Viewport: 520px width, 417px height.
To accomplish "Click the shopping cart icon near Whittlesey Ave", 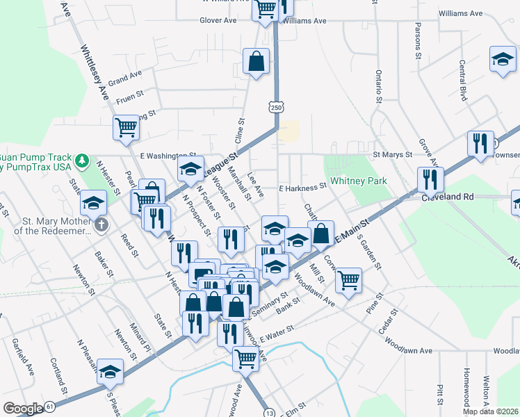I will coord(127,127).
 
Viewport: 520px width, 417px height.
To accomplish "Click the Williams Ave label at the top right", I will coord(461,13).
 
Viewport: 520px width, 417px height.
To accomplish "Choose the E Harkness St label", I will coord(302,187).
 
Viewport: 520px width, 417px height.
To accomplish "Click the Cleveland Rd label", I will coord(447,197).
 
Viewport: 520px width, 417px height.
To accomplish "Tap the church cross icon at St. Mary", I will coord(101,224).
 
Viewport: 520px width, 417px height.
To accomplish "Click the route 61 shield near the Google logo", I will coord(49,406).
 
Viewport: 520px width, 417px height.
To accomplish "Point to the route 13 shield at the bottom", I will coord(269,413).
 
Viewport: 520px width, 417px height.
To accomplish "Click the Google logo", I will coord(22,409).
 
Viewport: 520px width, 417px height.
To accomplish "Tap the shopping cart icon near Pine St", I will coord(348,280).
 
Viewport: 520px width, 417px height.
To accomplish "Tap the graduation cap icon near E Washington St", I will coord(190,167).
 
